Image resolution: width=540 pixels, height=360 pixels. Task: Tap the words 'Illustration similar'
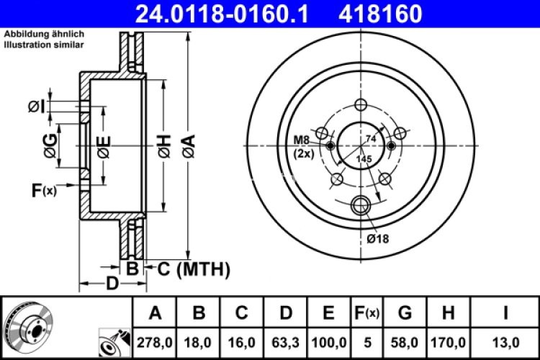[42, 45]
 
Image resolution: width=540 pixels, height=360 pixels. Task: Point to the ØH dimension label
[164, 148]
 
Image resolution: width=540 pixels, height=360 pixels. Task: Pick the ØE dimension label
[104, 148]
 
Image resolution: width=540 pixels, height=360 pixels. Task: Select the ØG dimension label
[50, 146]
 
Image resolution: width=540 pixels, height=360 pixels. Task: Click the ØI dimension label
[37, 107]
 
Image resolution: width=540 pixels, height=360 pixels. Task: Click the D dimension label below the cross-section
[112, 283]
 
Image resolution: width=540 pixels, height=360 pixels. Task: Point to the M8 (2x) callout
[302, 146]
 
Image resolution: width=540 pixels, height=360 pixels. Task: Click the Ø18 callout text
[377, 238]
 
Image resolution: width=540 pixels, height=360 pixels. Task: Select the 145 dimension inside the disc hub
[364, 158]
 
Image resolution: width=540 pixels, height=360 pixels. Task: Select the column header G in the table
[405, 312]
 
